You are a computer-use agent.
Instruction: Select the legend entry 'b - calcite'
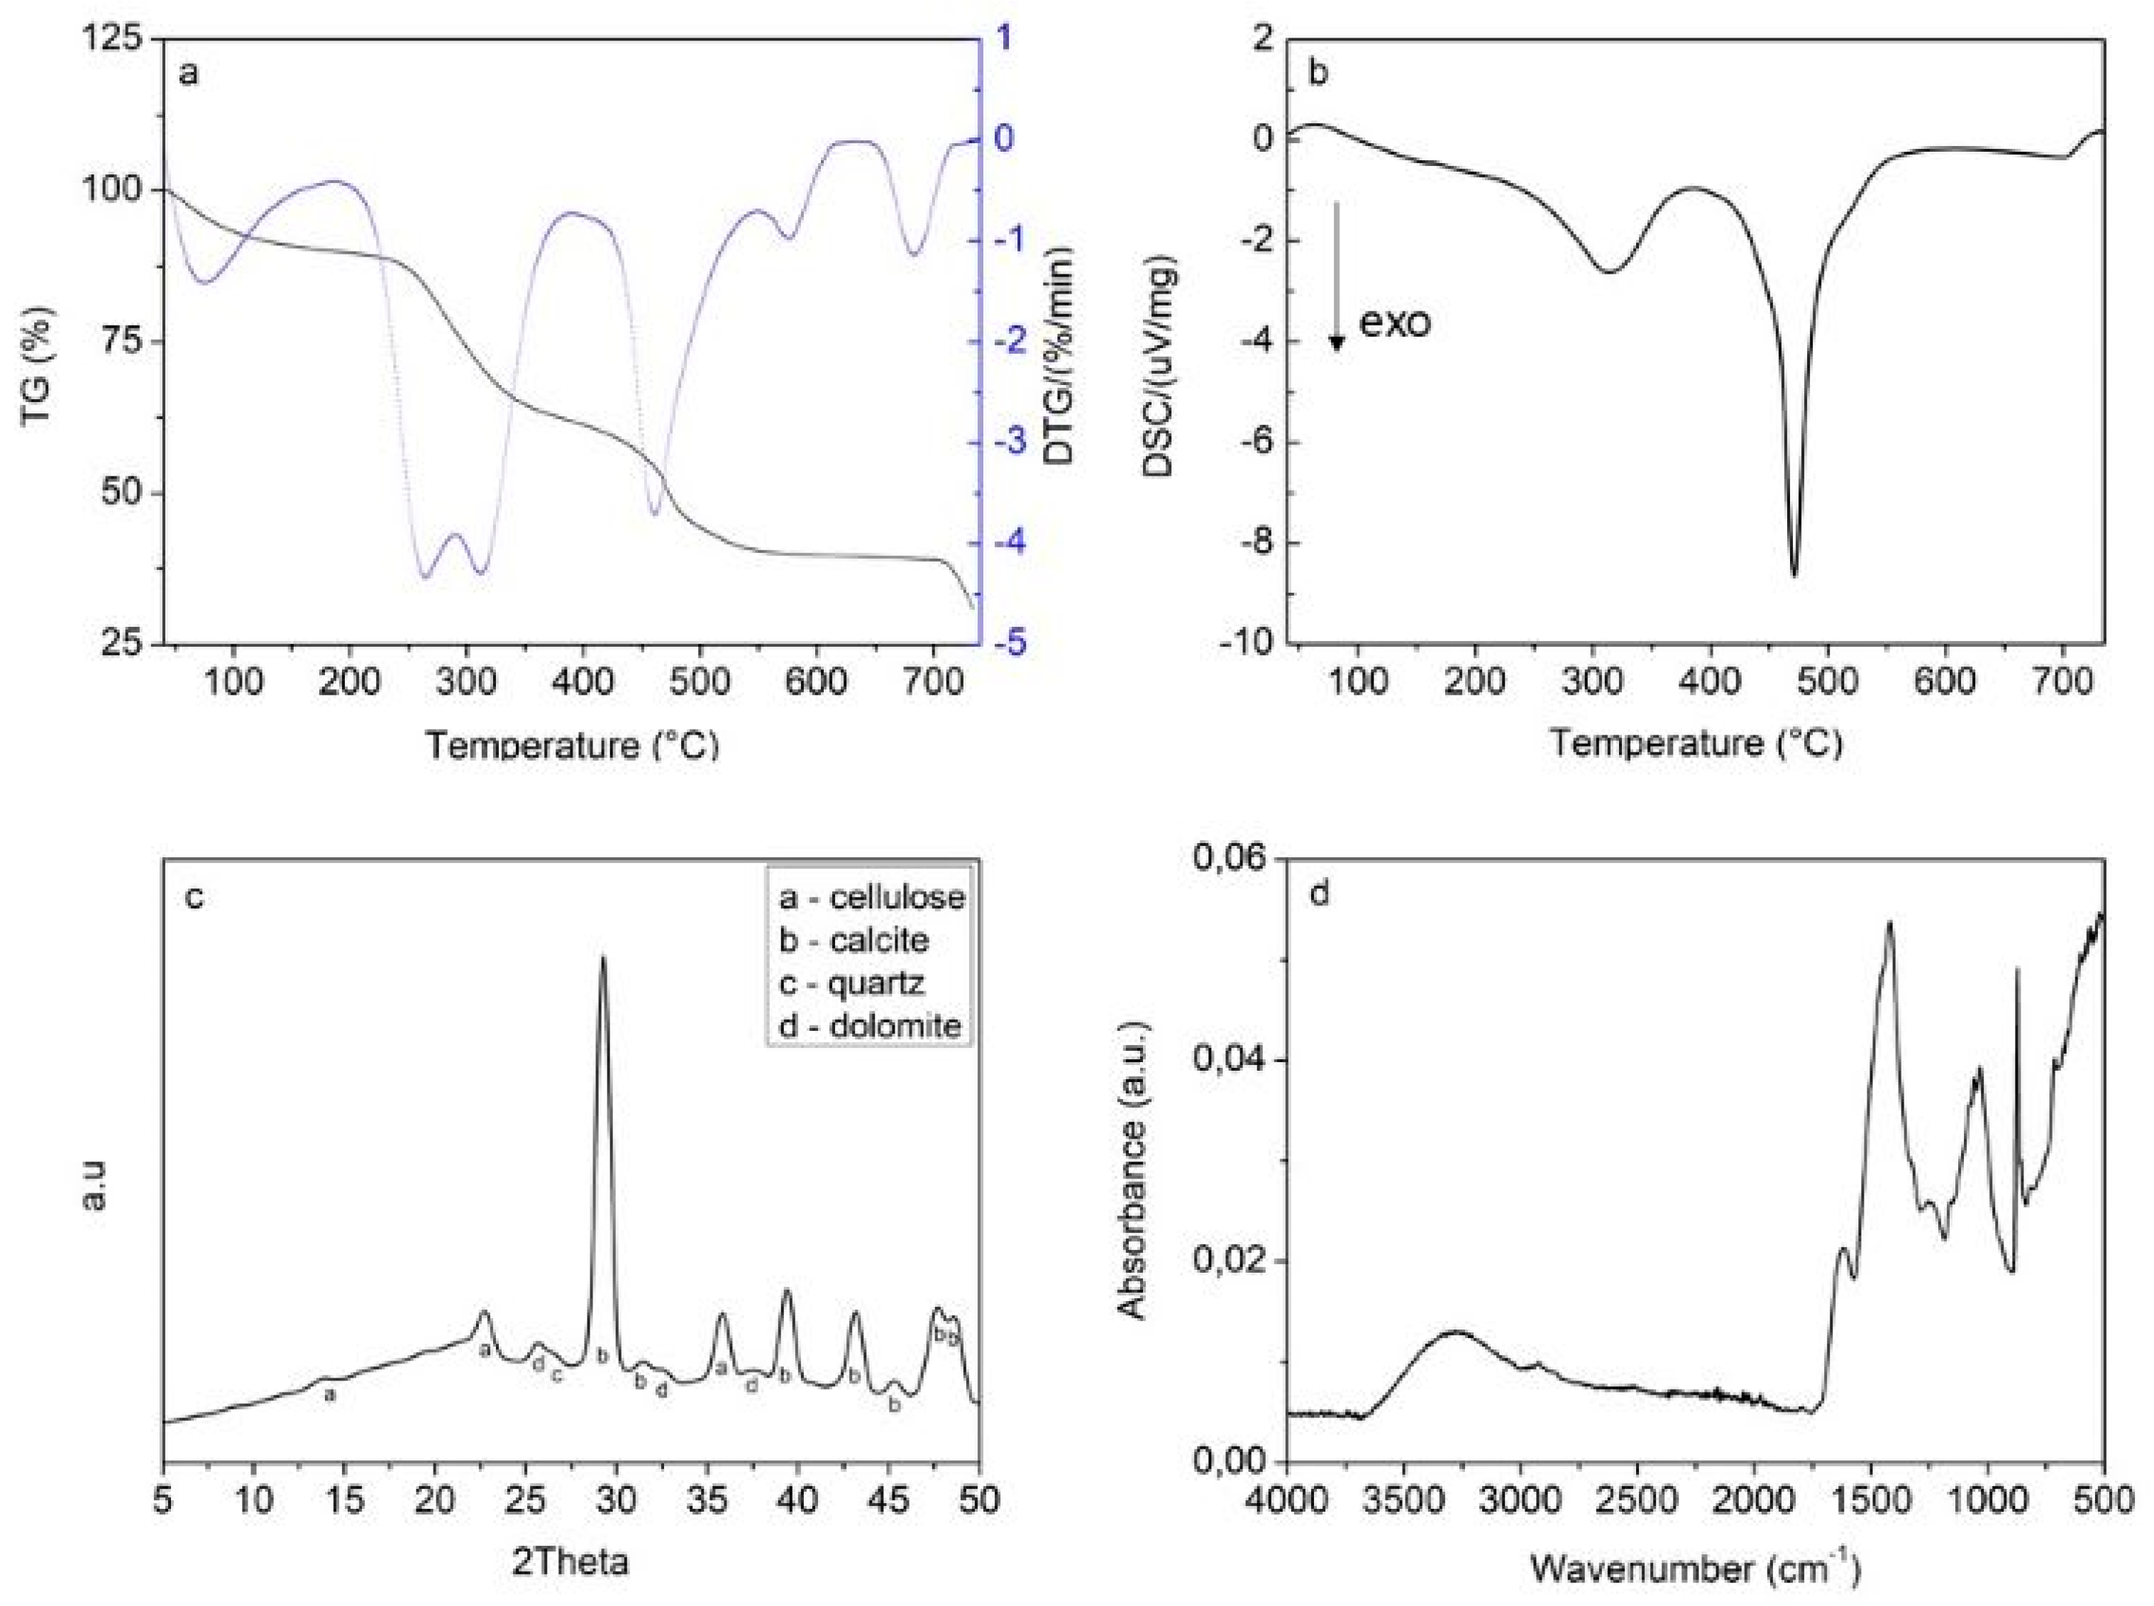click(x=853, y=940)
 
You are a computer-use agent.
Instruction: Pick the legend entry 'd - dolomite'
click(x=868, y=1025)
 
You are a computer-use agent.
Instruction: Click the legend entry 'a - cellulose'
click(x=871, y=896)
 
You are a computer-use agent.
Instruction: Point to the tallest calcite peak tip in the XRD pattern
click(x=603, y=957)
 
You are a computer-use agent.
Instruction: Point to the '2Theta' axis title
click(x=570, y=1561)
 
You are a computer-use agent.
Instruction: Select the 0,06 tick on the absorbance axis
click(x=1227, y=859)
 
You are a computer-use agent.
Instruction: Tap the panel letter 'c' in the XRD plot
click(x=194, y=896)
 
